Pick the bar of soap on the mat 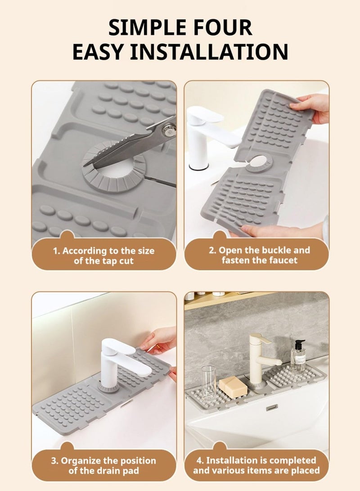[233, 386]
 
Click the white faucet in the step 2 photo [202, 135]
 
